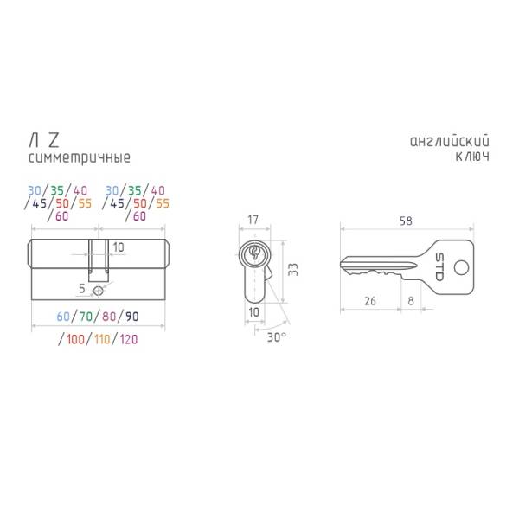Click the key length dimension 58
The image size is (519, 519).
click(x=406, y=221)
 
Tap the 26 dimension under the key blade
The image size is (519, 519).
click(x=370, y=301)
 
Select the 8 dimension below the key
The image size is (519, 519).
click(x=411, y=301)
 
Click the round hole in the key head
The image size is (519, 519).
click(x=461, y=267)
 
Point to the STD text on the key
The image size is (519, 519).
click(x=439, y=267)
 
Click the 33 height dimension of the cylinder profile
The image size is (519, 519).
click(x=293, y=269)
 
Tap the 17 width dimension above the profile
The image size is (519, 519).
click(x=253, y=220)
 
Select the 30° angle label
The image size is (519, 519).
click(x=277, y=337)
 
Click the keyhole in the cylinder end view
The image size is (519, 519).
click(x=254, y=253)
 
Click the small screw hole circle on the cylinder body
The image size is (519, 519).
click(x=98, y=291)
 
